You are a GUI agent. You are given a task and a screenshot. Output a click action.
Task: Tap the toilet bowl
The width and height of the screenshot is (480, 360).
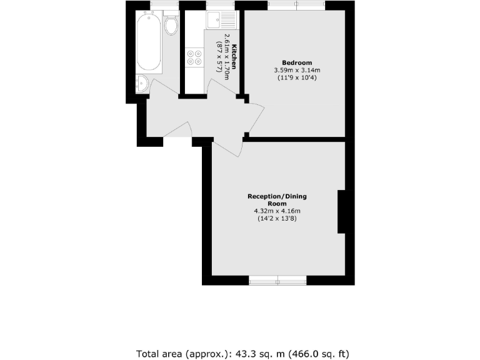[x=171, y=26]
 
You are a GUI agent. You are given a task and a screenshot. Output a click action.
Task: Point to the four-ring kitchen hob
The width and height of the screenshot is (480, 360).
[x=194, y=57]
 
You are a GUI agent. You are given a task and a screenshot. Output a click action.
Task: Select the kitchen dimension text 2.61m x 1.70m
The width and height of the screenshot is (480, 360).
[x=227, y=57]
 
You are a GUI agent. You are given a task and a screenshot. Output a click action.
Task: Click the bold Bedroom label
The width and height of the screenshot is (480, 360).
[x=297, y=62]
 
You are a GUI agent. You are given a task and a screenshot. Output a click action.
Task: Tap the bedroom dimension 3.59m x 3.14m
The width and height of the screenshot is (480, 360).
[x=297, y=70]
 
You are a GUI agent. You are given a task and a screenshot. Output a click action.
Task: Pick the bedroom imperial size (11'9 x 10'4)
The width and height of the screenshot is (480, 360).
[x=297, y=77]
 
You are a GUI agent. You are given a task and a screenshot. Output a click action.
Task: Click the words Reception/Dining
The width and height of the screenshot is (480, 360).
[x=277, y=196]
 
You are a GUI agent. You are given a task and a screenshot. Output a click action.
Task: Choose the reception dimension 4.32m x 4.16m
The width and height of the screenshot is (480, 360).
[x=277, y=211]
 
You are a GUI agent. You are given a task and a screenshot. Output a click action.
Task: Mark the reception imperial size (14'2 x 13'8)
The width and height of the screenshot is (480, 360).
[x=277, y=219]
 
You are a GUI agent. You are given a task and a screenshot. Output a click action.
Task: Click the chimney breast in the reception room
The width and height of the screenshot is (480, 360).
[x=341, y=212]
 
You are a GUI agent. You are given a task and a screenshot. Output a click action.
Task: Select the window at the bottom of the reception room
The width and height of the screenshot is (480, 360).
[x=277, y=280]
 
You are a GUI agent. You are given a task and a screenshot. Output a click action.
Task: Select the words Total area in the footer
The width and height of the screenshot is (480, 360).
[x=159, y=353]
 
